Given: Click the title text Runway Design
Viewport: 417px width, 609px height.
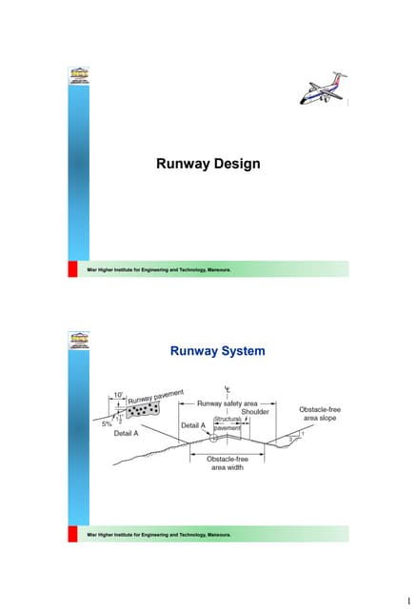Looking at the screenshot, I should click(x=208, y=165).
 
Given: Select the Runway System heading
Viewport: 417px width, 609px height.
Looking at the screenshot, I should click(x=216, y=352).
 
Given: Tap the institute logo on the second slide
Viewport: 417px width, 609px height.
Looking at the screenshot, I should click(x=80, y=340).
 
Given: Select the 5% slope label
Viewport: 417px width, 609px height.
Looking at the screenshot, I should click(x=107, y=424).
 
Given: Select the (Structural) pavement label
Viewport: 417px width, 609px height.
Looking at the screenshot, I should click(x=228, y=423).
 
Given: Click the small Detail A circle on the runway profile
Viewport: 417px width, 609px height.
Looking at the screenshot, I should click(x=213, y=439).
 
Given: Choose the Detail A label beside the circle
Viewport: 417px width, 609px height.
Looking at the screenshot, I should click(x=194, y=425).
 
